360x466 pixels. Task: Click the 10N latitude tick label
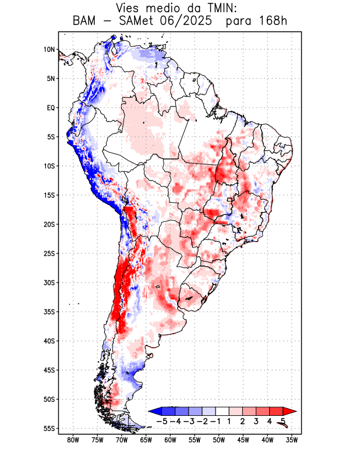[x=49, y=50]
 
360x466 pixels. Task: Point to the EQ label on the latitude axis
[x=51, y=108]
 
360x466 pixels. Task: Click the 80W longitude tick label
[x=73, y=440]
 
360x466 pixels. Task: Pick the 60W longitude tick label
[x=171, y=440]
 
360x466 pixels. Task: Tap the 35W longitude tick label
[x=292, y=440]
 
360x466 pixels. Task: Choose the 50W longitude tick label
[x=219, y=440]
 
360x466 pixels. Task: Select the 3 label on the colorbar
[x=256, y=421]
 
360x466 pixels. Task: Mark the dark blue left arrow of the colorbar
[x=154, y=410]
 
